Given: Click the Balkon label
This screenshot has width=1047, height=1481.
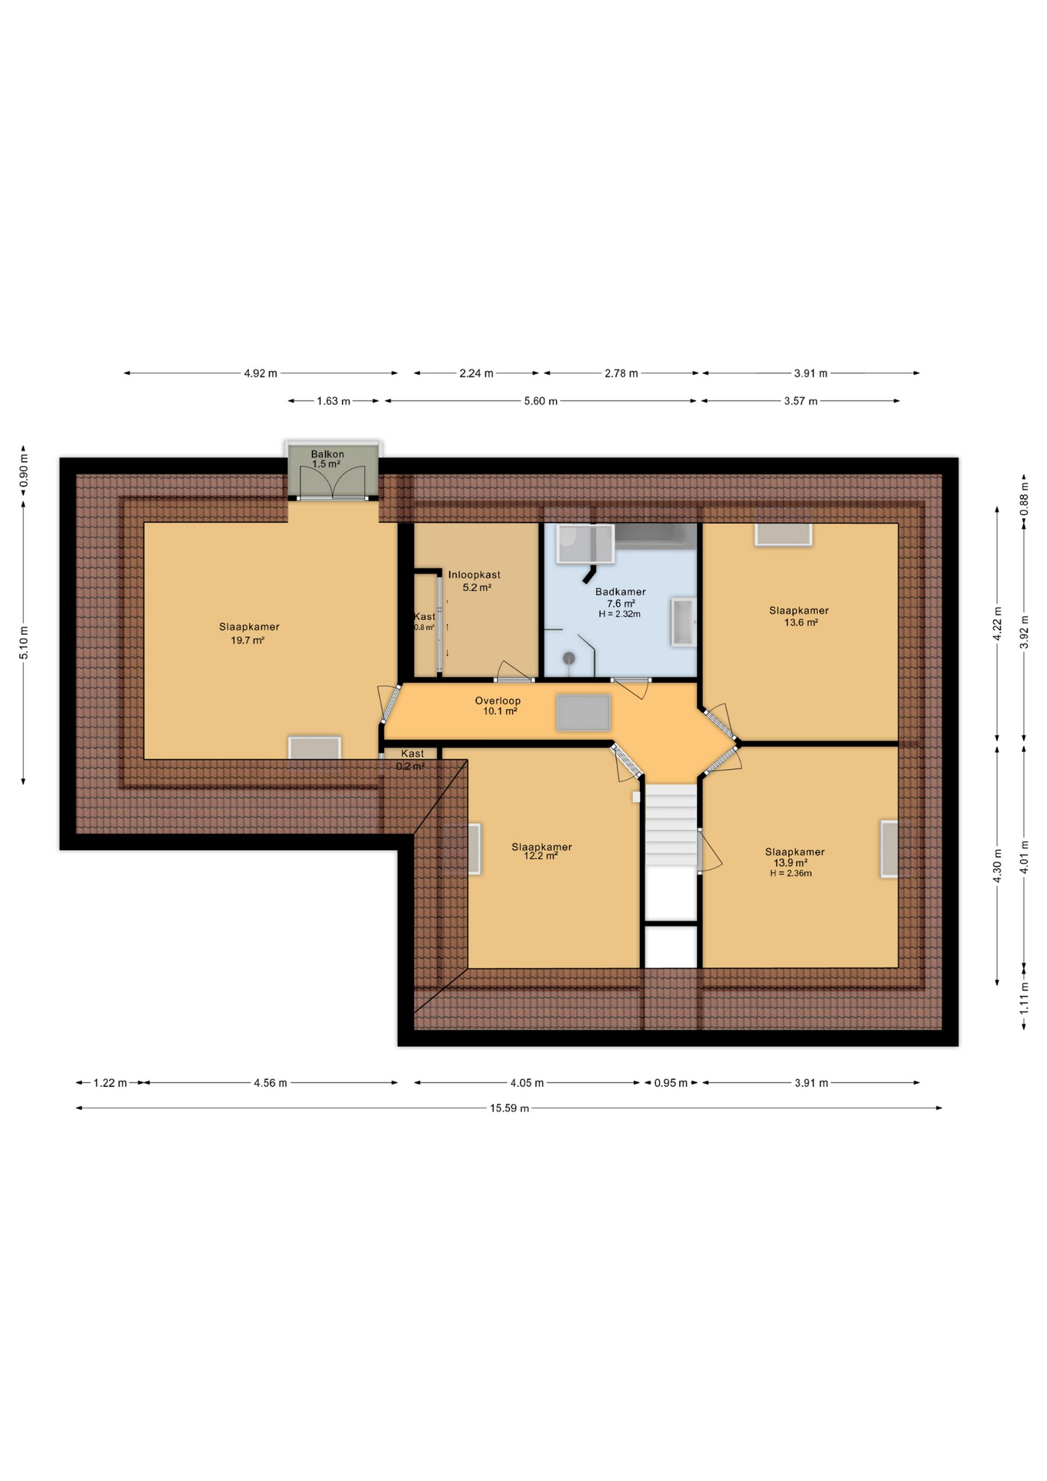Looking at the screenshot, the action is click(x=327, y=454).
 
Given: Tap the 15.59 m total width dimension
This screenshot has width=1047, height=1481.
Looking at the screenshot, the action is click(x=510, y=1108).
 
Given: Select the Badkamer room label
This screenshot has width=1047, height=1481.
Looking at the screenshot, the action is click(x=620, y=592).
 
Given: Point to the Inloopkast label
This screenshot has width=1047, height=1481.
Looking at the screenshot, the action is click(x=474, y=575).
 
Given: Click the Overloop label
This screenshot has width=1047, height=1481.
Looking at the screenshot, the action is click(x=497, y=700).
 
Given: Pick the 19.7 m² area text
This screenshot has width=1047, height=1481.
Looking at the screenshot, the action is click(x=247, y=640).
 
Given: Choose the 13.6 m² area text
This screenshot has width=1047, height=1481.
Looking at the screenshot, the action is click(x=801, y=622).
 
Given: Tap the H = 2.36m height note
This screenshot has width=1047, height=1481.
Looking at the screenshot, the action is click(x=790, y=874).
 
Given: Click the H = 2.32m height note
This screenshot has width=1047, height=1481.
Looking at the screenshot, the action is click(x=619, y=614).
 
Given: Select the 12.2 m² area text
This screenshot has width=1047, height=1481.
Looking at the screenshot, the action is click(x=540, y=856).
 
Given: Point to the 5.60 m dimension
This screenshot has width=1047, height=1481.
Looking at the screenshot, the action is click(x=540, y=401).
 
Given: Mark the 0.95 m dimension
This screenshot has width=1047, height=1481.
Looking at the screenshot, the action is click(x=671, y=1083).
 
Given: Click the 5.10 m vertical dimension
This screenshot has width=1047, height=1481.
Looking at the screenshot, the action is click(x=24, y=643).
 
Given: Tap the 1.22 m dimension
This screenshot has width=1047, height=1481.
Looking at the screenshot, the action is click(x=110, y=1083).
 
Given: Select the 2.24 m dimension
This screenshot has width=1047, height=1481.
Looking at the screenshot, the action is click(x=476, y=373).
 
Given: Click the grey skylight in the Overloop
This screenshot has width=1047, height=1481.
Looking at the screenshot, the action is click(x=584, y=713).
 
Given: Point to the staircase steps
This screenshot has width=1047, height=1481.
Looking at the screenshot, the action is click(x=671, y=825).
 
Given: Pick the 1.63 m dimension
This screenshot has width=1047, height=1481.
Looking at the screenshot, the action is click(x=333, y=401).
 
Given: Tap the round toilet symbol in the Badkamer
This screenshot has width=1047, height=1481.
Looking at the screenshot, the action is click(x=569, y=658).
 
